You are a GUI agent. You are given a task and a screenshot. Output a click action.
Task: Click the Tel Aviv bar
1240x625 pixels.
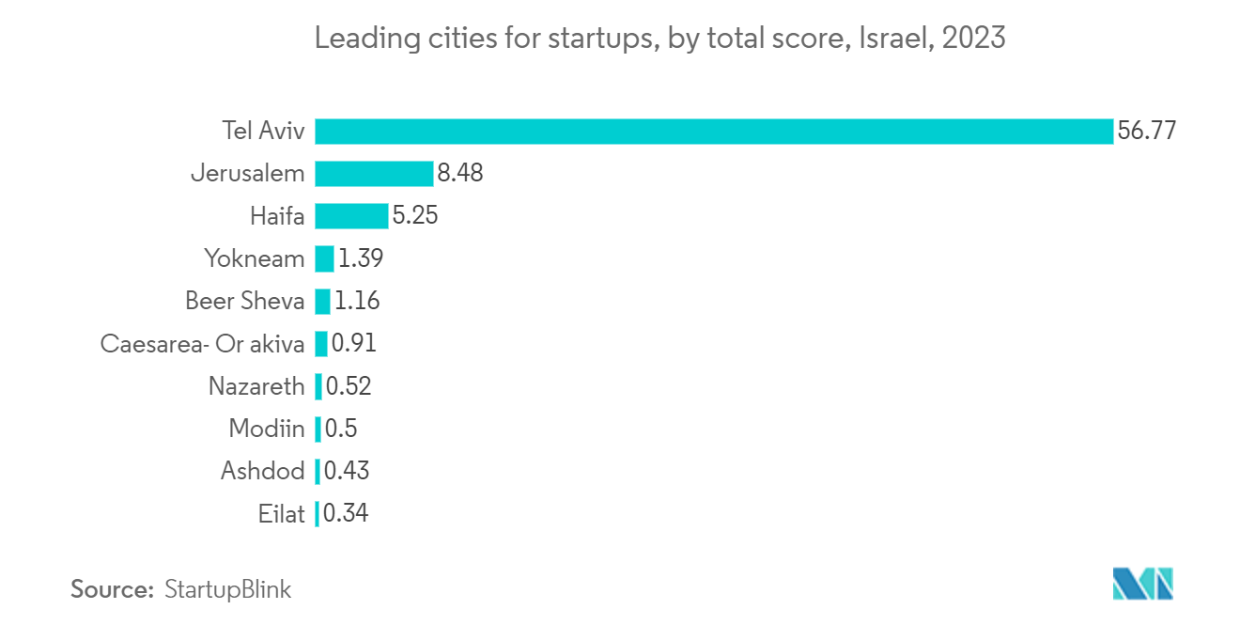point(714,131)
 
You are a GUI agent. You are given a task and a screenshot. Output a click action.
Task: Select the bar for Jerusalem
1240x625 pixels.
point(374,174)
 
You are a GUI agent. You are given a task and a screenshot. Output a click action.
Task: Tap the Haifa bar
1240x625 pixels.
point(351,216)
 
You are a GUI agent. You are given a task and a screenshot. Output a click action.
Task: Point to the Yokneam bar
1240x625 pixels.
point(324,258)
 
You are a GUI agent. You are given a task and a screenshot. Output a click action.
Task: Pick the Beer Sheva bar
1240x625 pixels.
point(322,301)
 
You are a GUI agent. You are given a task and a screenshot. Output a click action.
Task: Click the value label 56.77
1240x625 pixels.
point(1146,131)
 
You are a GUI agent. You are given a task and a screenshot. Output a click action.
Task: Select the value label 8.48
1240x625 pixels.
point(459,174)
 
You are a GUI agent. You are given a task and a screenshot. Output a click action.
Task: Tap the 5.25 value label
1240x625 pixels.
point(415,216)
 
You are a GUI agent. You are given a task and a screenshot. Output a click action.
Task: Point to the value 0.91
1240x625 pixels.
point(354,344)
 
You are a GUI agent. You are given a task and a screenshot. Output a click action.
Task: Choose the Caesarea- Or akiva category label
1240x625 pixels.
point(202,344)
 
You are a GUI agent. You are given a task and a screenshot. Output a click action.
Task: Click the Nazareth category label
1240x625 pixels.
point(256,386)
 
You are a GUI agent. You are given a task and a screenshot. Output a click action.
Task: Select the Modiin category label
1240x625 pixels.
point(267,430)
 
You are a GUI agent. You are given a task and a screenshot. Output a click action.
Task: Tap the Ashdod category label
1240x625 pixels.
point(262,471)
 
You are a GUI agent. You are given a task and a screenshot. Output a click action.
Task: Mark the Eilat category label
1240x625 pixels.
point(281,514)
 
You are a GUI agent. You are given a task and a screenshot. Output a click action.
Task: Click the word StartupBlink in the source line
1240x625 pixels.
point(228,589)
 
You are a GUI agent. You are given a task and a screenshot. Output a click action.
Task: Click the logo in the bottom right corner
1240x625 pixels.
point(1143,584)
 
